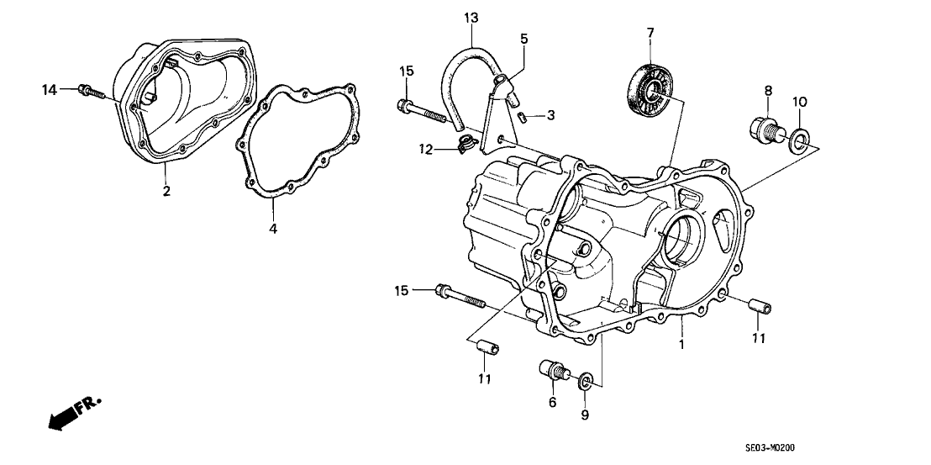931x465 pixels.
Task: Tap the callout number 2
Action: coord(166,192)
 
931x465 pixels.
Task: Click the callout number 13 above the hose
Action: coord(470,18)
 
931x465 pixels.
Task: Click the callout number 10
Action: coord(800,102)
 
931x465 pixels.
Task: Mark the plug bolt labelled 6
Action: coord(555,372)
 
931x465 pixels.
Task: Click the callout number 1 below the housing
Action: coord(681,345)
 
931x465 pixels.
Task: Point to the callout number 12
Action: coord(426,150)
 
